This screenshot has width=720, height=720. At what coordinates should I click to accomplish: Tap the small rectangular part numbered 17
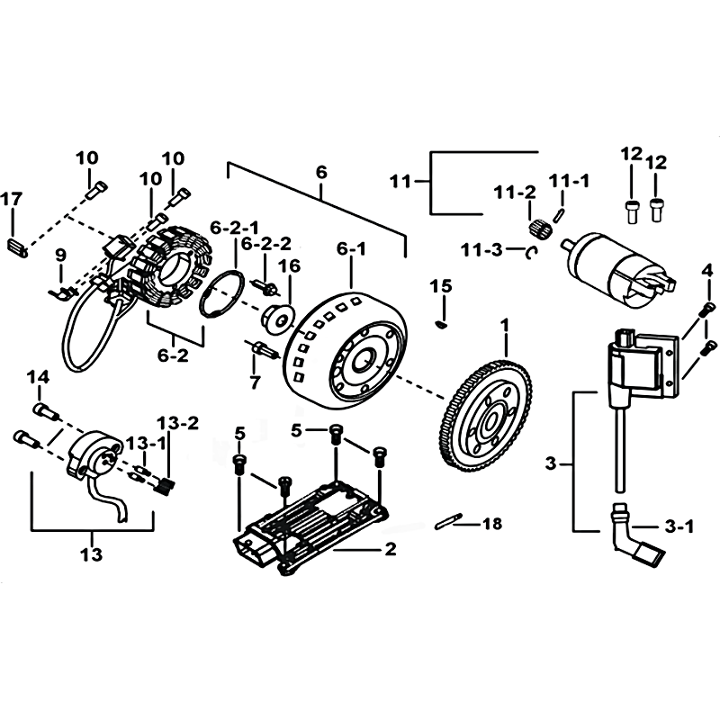[15, 246]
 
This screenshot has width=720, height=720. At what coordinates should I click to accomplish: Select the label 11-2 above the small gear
[514, 191]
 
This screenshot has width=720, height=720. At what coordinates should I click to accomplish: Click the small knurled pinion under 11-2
[539, 229]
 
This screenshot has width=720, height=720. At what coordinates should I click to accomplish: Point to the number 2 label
[390, 549]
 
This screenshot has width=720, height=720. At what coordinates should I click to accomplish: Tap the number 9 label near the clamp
[61, 256]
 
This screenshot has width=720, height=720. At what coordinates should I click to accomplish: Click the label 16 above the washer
[288, 265]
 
